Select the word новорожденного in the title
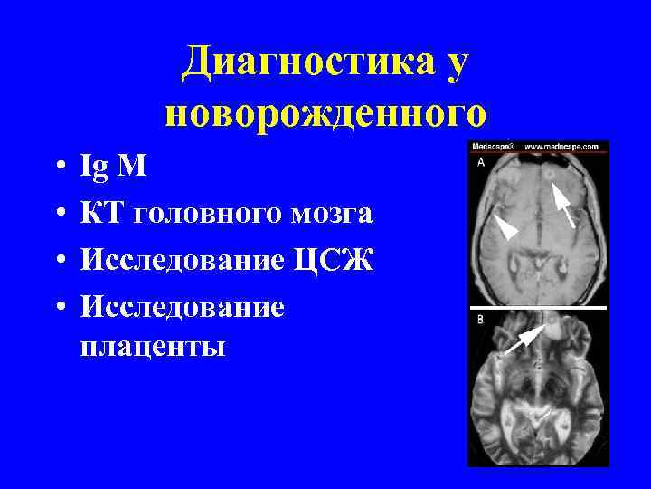pyautogui.click(x=325, y=114)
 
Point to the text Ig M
pyautogui.click(x=107, y=167)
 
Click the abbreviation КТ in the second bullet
pyautogui.click(x=102, y=214)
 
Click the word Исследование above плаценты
pyautogui.click(x=182, y=307)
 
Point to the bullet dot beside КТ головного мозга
pyautogui.click(x=57, y=215)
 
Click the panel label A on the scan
pyautogui.click(x=479, y=162)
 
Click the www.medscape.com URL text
pyautogui.click(x=561, y=146)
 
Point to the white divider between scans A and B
pyautogui.click(x=538, y=309)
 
